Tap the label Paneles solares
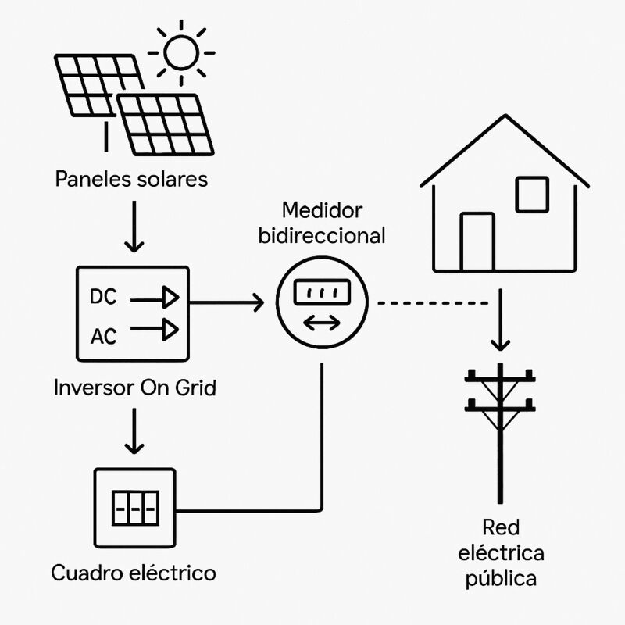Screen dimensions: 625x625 tap(132, 179)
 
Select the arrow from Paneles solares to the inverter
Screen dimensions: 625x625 tap(134, 227)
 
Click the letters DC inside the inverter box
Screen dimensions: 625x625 tap(104, 297)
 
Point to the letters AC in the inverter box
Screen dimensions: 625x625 tap(104, 337)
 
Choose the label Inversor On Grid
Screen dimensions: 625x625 tap(134, 387)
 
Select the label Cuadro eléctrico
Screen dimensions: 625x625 tap(134, 573)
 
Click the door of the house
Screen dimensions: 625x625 tap(477, 241)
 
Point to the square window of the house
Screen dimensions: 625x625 tap(531, 193)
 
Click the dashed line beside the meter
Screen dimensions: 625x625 tap(434, 302)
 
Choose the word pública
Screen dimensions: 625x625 tap(512, 579)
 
